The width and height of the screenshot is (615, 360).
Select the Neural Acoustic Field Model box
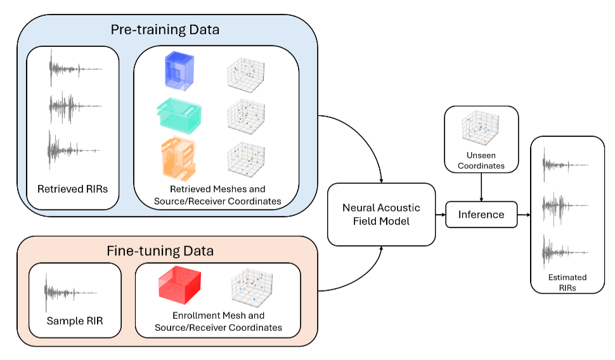point(381,214)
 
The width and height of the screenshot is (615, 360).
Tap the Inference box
point(481,214)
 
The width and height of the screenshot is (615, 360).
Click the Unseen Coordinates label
point(481,160)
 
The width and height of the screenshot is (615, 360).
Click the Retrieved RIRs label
point(72,189)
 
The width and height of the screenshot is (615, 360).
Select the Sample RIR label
point(74,321)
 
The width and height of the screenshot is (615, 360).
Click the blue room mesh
point(180,72)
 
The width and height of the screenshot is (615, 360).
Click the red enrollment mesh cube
point(179,286)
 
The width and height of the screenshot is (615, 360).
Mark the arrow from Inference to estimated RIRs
point(524,214)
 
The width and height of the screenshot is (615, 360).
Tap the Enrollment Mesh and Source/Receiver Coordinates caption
point(218,321)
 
